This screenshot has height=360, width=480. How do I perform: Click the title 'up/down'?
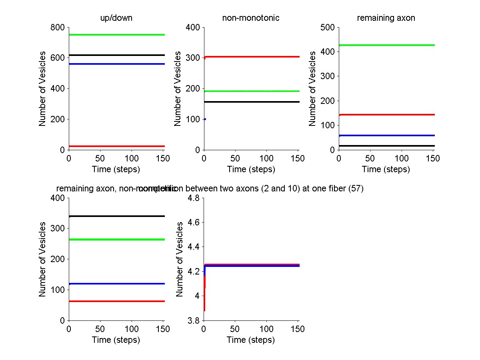pos(116,18)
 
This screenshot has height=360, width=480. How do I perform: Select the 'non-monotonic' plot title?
pos(251,18)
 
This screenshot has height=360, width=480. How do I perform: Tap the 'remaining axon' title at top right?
pos(386,18)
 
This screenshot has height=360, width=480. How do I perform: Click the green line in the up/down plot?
pos(116,35)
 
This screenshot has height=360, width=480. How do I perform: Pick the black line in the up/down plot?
pos(116,55)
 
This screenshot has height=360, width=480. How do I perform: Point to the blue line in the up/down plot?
pos(116,64)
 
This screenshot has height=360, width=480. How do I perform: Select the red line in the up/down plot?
pos(116,146)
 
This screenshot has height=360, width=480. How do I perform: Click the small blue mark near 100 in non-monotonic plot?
pos(205,119)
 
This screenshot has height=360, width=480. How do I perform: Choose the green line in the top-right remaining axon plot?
pos(386,45)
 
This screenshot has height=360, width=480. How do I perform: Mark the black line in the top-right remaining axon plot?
pos(386,146)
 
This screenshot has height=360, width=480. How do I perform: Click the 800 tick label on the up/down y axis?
pos(58,28)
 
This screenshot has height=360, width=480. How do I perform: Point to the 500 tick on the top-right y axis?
pos(328,28)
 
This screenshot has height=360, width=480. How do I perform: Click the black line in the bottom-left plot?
pos(116,216)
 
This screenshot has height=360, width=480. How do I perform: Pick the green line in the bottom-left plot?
pos(116,239)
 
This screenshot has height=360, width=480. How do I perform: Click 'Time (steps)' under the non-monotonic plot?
pos(251,169)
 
